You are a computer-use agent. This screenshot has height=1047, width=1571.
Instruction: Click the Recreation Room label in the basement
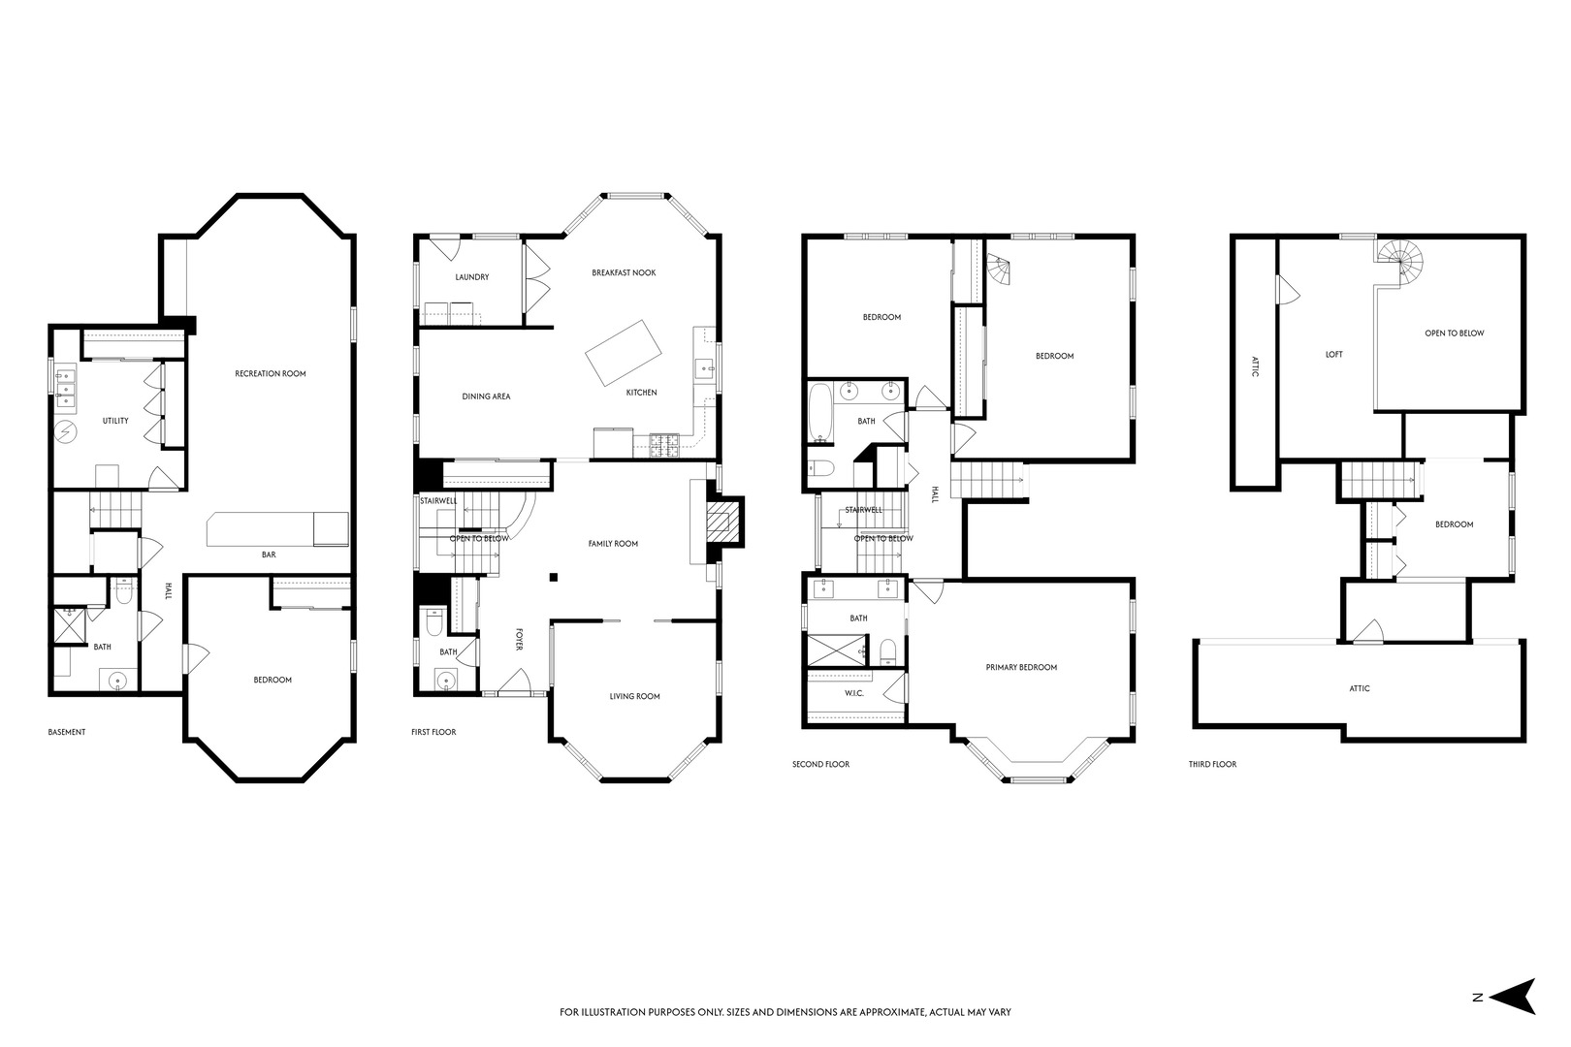click(x=270, y=374)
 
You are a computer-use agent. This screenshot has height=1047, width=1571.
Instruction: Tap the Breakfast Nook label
click(x=624, y=272)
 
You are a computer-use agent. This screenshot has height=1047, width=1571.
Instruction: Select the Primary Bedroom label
click(x=1021, y=668)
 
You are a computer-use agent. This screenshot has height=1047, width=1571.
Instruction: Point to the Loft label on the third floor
click(x=1334, y=355)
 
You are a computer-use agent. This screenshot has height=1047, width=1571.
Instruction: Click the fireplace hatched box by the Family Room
click(x=723, y=523)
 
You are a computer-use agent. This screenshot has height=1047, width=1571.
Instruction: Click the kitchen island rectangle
click(x=624, y=353)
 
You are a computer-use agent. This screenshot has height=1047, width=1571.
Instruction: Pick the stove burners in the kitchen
click(x=664, y=445)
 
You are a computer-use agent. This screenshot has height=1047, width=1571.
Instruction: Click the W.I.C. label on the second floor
click(x=853, y=693)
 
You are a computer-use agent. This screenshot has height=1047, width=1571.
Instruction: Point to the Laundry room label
click(x=472, y=277)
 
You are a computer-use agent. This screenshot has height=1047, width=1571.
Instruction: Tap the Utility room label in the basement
click(x=115, y=421)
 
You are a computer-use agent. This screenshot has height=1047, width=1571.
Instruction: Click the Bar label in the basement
click(x=269, y=555)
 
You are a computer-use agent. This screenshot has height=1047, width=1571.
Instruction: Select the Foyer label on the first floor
click(x=520, y=639)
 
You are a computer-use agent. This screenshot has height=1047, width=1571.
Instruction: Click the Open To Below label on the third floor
click(x=1454, y=333)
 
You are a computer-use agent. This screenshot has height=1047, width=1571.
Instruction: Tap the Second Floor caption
click(x=820, y=764)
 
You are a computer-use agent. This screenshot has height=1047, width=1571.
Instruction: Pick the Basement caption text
click(x=67, y=732)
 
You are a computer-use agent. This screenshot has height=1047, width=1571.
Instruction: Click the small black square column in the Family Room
click(x=554, y=577)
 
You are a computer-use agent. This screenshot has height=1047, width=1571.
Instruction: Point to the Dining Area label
click(x=486, y=397)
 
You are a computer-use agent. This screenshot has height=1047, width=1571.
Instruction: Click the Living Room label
click(x=635, y=696)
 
